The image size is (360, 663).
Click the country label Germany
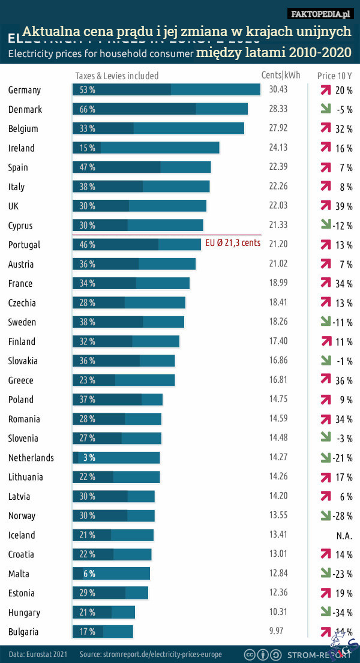(x=25, y=90)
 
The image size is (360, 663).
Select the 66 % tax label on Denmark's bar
(x=88, y=109)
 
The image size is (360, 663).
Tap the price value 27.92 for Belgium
(x=278, y=128)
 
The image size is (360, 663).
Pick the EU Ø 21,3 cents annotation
(x=233, y=244)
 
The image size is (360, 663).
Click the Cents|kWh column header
(x=281, y=76)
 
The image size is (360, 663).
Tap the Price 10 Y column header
(x=334, y=76)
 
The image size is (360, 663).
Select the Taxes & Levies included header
(x=117, y=76)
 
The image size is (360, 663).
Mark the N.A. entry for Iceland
(x=344, y=535)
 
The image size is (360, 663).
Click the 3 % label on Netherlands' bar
(x=89, y=458)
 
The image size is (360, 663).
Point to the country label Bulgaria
(x=23, y=632)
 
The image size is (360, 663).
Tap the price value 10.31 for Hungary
(x=278, y=613)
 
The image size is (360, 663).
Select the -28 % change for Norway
(x=343, y=516)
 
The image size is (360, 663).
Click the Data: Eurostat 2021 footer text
(x=38, y=653)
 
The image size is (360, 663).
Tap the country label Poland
(x=21, y=400)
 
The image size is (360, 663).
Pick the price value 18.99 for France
(x=278, y=283)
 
